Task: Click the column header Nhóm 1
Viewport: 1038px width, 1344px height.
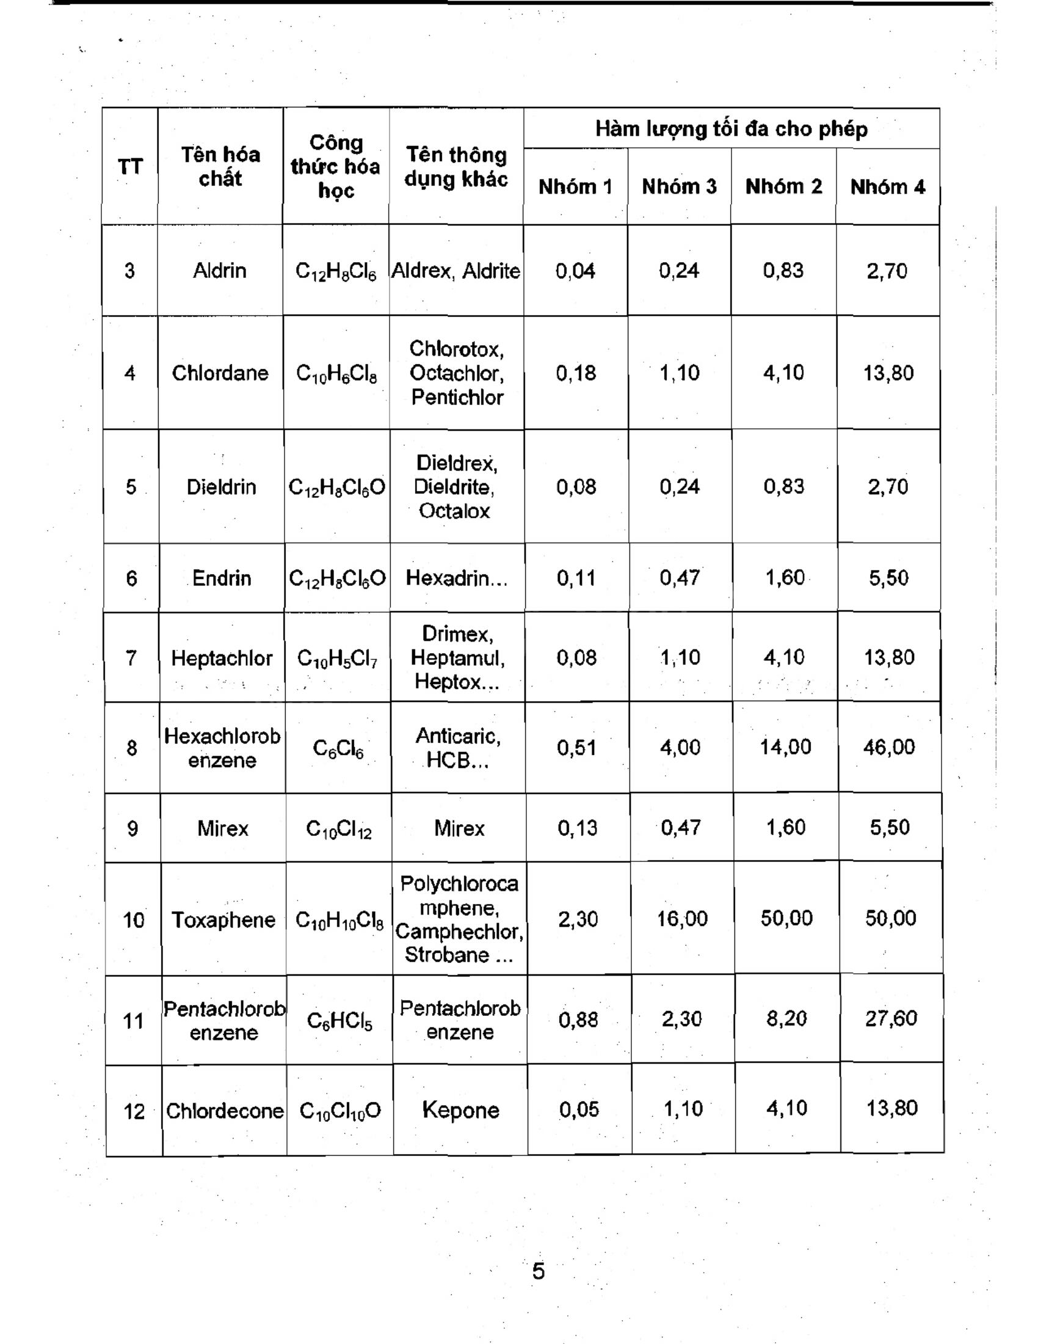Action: [575, 186]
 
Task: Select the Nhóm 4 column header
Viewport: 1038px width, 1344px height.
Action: [887, 186]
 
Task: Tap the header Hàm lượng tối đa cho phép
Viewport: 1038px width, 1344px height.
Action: [731, 129]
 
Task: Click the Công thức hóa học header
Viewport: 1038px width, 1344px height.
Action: [336, 166]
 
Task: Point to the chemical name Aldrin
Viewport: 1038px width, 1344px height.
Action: [220, 270]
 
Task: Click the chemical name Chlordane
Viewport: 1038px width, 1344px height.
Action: [220, 373]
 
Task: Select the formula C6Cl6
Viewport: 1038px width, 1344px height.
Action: [338, 748]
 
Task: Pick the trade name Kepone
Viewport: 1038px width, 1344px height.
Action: [460, 1110]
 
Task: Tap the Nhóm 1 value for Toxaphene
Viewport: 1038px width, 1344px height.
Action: [578, 919]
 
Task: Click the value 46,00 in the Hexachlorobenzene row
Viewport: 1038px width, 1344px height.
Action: [889, 747]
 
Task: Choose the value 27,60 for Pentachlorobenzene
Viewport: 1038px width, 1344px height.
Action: [891, 1018]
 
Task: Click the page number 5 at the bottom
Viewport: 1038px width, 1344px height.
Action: [538, 1271]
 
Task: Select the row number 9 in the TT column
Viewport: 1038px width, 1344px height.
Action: [132, 828]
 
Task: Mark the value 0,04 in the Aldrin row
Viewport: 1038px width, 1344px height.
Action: [575, 270]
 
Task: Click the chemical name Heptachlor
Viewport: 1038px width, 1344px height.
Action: [222, 659]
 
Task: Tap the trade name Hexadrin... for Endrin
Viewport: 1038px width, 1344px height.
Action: [456, 578]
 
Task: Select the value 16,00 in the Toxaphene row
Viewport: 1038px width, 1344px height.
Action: [682, 919]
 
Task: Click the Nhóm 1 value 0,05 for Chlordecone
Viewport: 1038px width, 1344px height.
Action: [579, 1109]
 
